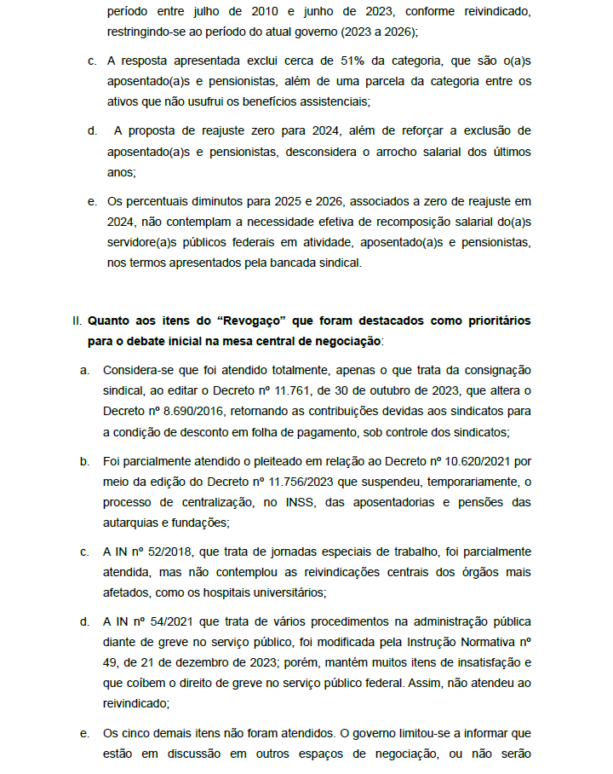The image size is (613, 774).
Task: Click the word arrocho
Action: pyautogui.click(x=409, y=151)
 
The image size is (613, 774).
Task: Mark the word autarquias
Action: pyautogui.click(x=135, y=523)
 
